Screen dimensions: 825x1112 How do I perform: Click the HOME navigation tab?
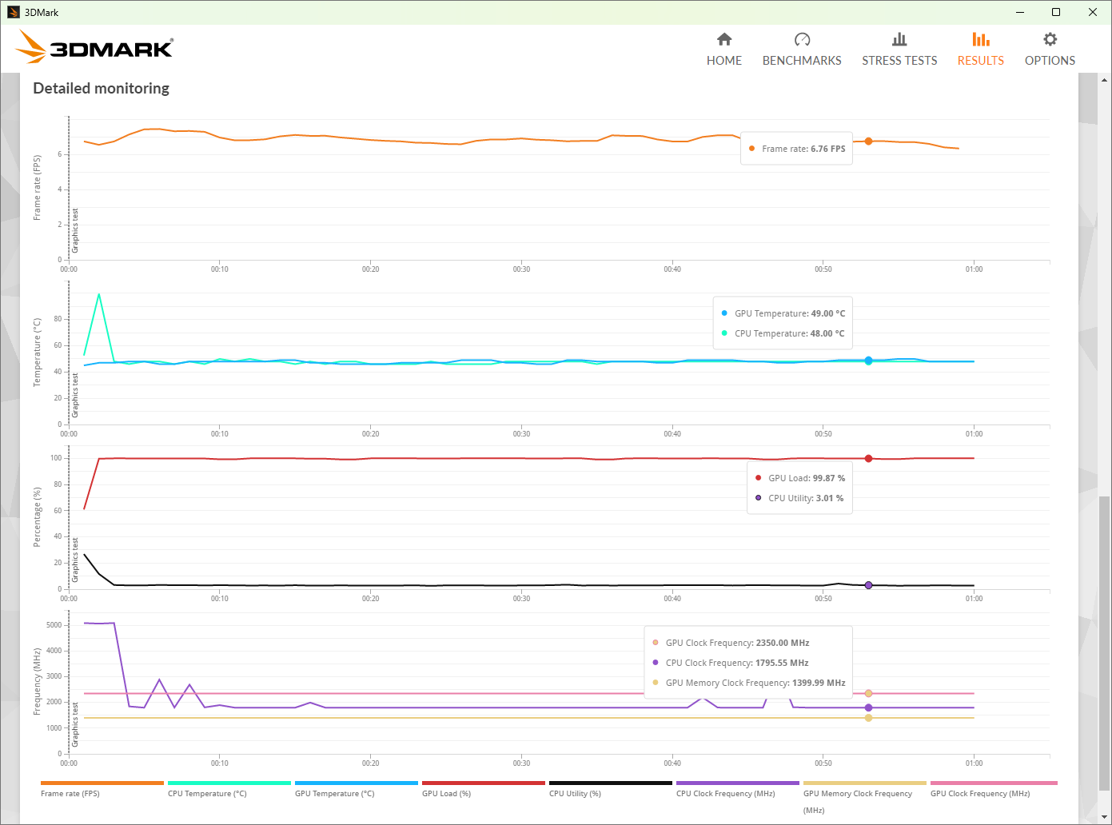pyautogui.click(x=723, y=50)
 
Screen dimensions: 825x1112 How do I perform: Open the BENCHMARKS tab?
pyautogui.click(x=802, y=50)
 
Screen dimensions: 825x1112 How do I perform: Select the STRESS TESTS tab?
pyautogui.click(x=899, y=50)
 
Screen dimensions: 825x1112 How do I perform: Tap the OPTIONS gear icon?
pyautogui.click(x=1050, y=40)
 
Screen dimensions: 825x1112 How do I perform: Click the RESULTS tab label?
pyautogui.click(x=980, y=61)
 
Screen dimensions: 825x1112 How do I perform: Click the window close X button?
pyautogui.click(x=1093, y=12)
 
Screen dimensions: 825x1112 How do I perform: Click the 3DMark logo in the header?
pyautogui.click(x=94, y=47)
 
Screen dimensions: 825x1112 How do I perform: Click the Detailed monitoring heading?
pyautogui.click(x=101, y=88)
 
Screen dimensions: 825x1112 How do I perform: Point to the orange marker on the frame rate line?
pyautogui.click(x=868, y=141)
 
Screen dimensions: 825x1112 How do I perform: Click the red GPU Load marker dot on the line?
pyautogui.click(x=868, y=459)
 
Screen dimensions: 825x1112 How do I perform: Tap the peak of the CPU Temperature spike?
pyautogui.click(x=99, y=294)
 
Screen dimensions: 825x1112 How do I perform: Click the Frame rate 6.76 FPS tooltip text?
pyautogui.click(x=803, y=149)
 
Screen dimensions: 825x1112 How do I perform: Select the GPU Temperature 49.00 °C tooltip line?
pyautogui.click(x=789, y=313)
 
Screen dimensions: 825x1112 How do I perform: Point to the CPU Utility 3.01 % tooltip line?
pyautogui.click(x=805, y=498)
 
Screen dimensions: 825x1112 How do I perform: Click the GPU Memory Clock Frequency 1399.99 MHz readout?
pyautogui.click(x=755, y=683)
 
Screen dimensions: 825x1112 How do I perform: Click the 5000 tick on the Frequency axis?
pyautogui.click(x=54, y=625)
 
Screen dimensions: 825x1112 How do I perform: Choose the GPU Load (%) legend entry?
pyautogui.click(x=447, y=794)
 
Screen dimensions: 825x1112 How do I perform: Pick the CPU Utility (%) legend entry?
pyautogui.click(x=575, y=794)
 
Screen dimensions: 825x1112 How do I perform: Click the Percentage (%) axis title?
pyautogui.click(x=37, y=517)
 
